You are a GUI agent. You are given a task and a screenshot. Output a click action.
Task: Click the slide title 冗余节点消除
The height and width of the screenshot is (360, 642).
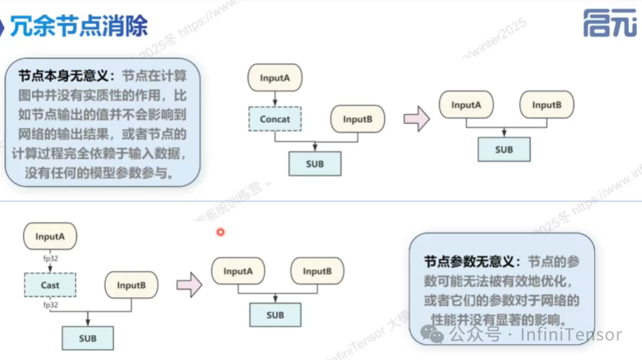(x=78, y=26)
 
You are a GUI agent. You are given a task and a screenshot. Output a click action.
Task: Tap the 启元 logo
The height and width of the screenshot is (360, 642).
(x=609, y=24)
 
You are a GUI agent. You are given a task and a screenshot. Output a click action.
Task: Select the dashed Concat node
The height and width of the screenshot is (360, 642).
(x=275, y=119)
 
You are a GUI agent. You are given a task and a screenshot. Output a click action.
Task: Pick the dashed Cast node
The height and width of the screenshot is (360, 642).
(x=50, y=285)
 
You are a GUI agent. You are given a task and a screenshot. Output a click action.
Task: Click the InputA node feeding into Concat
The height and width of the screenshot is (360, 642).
(x=275, y=78)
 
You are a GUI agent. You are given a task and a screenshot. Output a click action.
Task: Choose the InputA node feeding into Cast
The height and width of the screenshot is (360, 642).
(x=50, y=236)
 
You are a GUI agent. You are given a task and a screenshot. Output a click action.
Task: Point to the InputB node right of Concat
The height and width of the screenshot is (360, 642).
(x=357, y=119)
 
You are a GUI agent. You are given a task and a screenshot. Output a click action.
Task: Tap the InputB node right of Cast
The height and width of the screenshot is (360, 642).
(x=131, y=285)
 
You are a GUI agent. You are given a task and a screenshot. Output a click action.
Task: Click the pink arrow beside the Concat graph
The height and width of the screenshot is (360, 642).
(x=416, y=119)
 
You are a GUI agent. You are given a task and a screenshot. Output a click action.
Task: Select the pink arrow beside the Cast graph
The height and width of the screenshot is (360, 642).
(x=189, y=285)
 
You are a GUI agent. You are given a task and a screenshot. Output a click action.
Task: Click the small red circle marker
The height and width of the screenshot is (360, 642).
(x=221, y=232)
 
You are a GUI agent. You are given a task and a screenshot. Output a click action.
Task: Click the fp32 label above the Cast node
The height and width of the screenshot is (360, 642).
(x=50, y=258)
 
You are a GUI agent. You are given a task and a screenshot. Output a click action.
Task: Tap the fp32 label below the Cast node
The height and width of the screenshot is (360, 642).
(x=50, y=305)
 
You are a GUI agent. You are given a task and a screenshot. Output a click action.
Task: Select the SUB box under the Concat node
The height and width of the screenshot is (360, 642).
(x=315, y=163)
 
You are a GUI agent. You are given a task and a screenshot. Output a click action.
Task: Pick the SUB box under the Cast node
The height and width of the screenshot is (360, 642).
(x=87, y=338)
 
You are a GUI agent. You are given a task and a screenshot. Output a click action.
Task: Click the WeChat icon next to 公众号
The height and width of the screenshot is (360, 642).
(x=432, y=334)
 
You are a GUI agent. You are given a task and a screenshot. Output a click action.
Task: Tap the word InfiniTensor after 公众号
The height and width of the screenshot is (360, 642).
(x=571, y=335)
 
